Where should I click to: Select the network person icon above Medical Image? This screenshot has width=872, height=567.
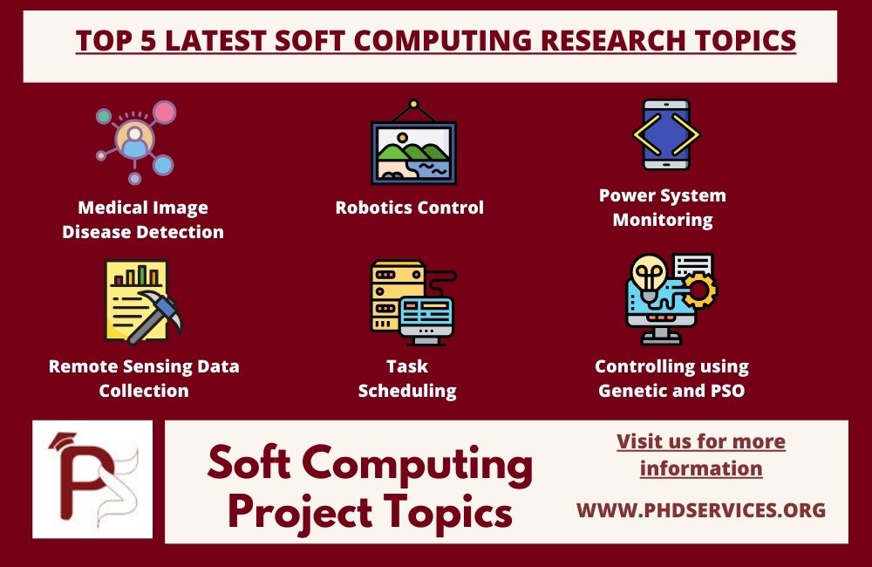[135, 142]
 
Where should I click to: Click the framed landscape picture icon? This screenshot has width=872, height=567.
[413, 144]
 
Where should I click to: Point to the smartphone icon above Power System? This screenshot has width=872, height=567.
[665, 135]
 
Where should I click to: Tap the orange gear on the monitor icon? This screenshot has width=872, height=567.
[698, 291]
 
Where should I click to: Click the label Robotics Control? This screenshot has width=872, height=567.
[409, 208]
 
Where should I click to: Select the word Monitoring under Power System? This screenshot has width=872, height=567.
[662, 220]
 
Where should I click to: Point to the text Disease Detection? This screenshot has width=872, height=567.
[143, 232]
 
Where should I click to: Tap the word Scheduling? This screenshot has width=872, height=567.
[407, 391]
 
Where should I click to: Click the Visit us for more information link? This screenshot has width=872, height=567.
[700, 454]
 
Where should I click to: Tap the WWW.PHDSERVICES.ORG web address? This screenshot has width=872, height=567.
[700, 509]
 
